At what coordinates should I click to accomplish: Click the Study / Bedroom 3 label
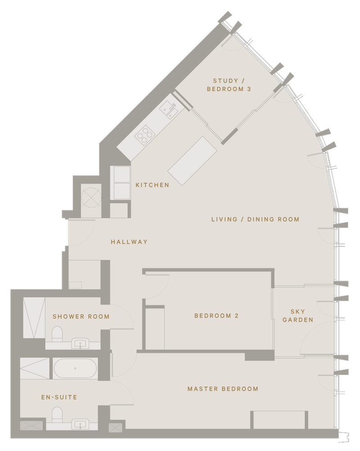click(229, 85)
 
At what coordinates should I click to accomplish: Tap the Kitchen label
click(153, 185)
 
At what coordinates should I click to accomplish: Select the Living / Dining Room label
click(255, 219)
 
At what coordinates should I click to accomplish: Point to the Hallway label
click(129, 242)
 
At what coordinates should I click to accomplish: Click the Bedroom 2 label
click(216, 316)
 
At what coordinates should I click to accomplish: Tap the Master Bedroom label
click(223, 389)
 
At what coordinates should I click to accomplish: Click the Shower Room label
click(81, 317)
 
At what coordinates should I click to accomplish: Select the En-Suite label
click(59, 397)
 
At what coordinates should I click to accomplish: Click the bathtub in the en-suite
click(75, 369)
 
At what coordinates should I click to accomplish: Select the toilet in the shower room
click(57, 333)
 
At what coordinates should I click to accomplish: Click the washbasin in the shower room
click(81, 345)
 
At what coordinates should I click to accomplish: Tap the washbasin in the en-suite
click(81, 424)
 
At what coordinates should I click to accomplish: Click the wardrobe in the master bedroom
click(279, 420)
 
